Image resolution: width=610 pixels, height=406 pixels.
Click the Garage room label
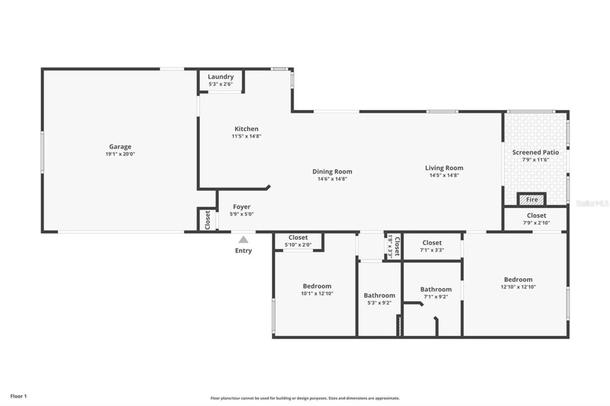[120, 147]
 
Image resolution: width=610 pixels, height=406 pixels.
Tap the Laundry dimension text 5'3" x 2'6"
[221, 84]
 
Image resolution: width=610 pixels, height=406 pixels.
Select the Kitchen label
[246, 129]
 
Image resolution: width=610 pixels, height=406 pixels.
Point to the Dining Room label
[332, 172]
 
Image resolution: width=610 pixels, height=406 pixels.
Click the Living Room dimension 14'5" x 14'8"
[444, 175]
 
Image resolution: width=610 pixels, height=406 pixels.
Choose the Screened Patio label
[535, 152]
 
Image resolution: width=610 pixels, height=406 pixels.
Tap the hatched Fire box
[532, 200]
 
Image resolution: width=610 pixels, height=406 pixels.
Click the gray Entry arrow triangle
[243, 240]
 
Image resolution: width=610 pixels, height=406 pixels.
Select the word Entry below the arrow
[243, 251]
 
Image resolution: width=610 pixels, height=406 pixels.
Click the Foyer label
[242, 207]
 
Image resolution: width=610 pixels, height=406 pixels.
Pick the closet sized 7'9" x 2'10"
[536, 219]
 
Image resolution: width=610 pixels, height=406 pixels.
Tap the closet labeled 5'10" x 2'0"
[298, 241]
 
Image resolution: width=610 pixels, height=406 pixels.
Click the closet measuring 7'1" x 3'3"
[432, 246]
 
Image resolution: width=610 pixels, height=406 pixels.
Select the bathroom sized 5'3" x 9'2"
[379, 299]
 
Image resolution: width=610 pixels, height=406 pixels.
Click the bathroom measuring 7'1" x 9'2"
[436, 293]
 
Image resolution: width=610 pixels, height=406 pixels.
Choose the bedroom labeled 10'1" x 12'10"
[317, 289]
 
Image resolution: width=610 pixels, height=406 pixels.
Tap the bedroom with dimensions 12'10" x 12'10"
[518, 283]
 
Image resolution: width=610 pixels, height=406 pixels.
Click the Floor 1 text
[19, 396]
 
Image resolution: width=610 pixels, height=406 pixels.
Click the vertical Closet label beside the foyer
[208, 220]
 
